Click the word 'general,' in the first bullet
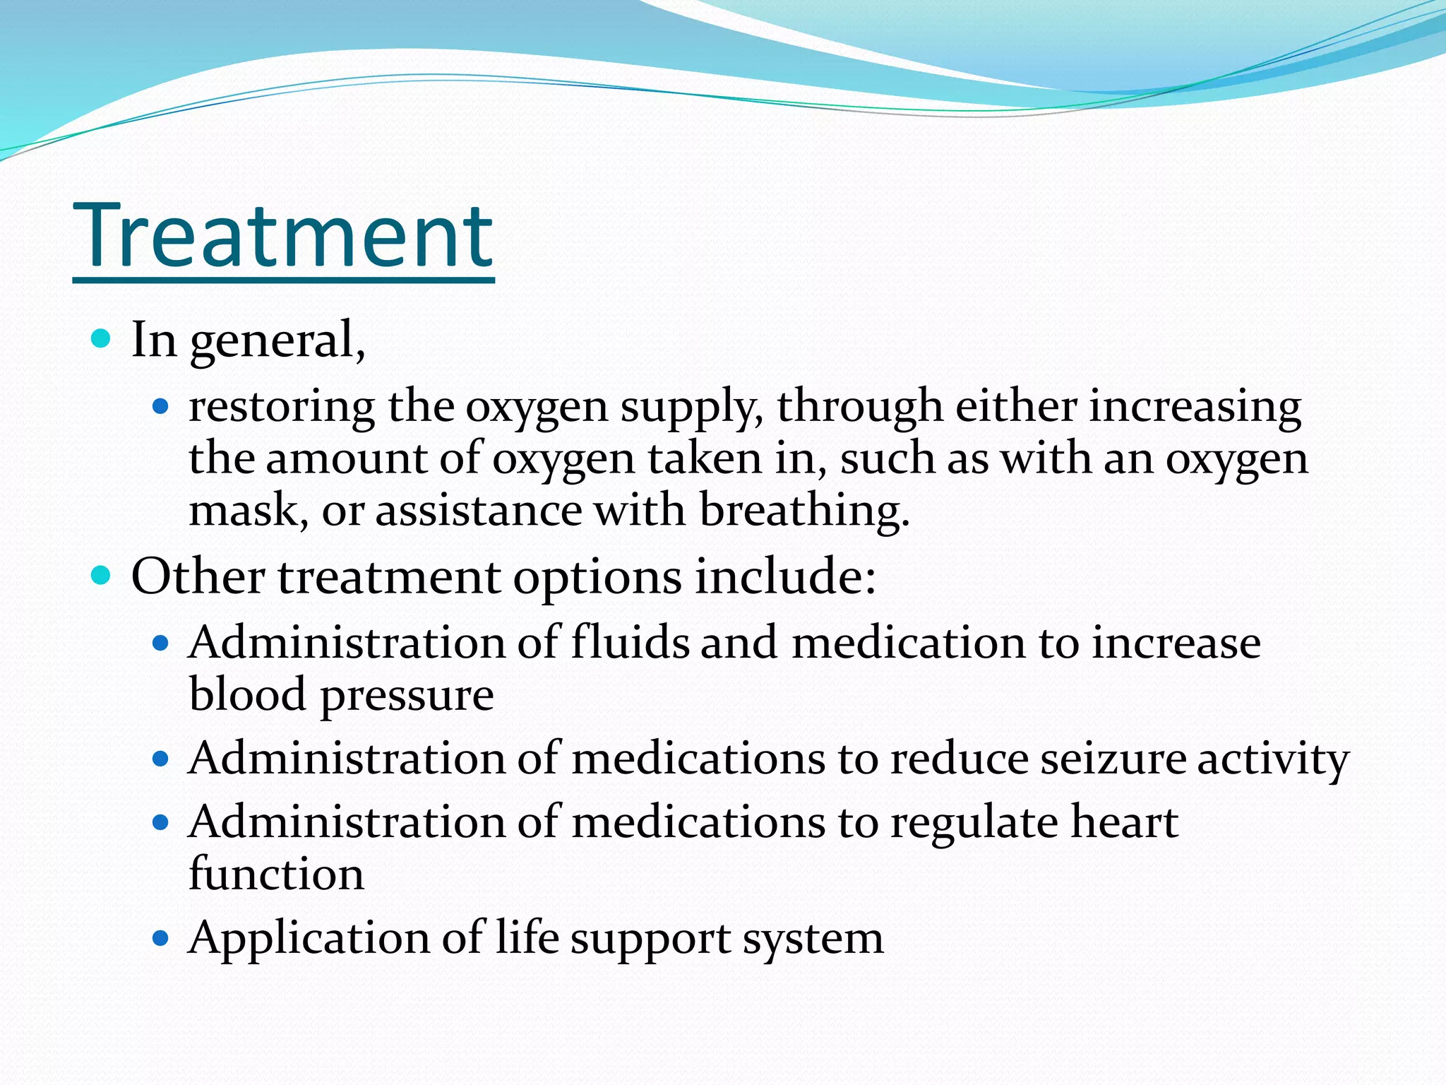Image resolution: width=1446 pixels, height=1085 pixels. click(277, 341)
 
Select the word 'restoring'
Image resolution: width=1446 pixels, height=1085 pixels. click(281, 408)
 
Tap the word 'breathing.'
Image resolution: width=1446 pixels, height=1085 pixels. click(804, 510)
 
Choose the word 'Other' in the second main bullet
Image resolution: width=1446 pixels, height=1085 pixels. click(198, 576)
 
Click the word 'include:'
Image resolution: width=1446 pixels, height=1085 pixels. click(785, 576)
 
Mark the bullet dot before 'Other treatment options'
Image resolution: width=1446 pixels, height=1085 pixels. click(102, 576)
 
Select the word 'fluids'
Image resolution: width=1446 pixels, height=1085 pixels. click(630, 643)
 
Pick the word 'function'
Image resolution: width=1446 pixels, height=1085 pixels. click(276, 874)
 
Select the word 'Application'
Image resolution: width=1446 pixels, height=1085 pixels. click(309, 940)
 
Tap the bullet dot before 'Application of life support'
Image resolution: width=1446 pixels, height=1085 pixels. click(161, 939)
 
